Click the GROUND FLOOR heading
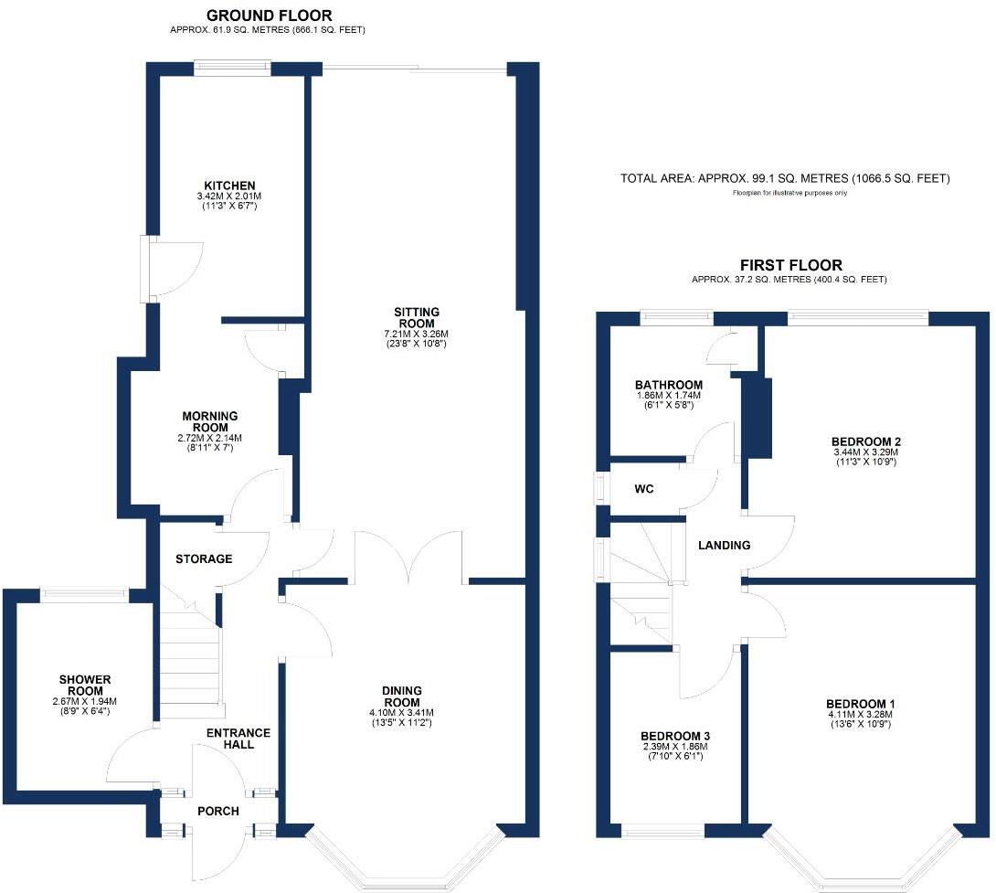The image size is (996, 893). pyautogui.click(x=269, y=16)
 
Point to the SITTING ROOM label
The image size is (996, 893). pyautogui.click(x=416, y=317)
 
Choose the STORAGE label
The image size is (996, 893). pyautogui.click(x=204, y=558)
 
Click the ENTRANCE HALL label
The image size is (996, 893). pyautogui.click(x=238, y=739)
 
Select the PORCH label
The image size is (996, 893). pyautogui.click(x=218, y=812)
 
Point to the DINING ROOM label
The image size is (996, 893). pyautogui.click(x=402, y=696)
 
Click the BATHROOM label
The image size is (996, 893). pyautogui.click(x=669, y=385)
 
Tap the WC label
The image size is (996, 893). pyautogui.click(x=644, y=489)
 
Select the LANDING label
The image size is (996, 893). pyautogui.click(x=724, y=546)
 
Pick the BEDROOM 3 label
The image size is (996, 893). pyautogui.click(x=675, y=736)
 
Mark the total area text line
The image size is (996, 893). pyautogui.click(x=785, y=178)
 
